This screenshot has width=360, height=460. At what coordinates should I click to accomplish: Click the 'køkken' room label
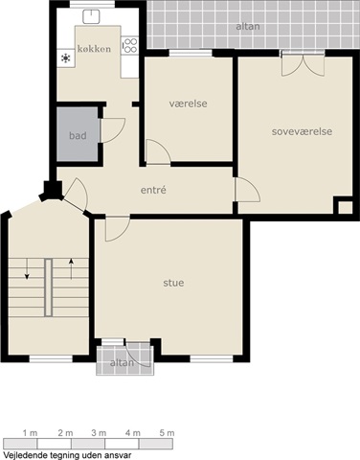pos(94,49)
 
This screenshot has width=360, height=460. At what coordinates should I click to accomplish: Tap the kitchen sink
pos(91,16)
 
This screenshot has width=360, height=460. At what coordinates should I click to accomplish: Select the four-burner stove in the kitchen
pos(130,45)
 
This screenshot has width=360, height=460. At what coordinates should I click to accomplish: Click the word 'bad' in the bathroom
pos(78,135)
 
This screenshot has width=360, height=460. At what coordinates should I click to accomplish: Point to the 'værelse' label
pos(189,103)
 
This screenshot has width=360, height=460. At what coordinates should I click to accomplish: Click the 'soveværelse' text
pos(302,131)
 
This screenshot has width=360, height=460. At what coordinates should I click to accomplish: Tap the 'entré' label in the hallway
pos(153,190)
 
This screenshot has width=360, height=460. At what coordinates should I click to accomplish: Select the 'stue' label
pos(173,283)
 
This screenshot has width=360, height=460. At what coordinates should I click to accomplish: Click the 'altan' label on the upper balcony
pos(248,27)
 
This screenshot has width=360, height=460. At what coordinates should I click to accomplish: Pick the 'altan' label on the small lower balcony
pos(122,363)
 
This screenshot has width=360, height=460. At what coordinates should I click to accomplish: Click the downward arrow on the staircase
pos(27,269)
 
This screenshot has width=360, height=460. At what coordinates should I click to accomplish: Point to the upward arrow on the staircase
pos(71,269)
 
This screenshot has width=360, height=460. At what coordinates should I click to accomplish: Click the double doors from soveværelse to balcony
pos(303,63)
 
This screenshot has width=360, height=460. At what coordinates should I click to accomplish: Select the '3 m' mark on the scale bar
pos(99,433)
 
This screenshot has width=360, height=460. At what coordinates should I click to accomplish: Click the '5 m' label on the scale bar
pos(167,433)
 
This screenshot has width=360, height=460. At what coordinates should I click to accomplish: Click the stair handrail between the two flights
pos(48,287)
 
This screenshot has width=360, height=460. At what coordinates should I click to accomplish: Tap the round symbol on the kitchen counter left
pos(66,58)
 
